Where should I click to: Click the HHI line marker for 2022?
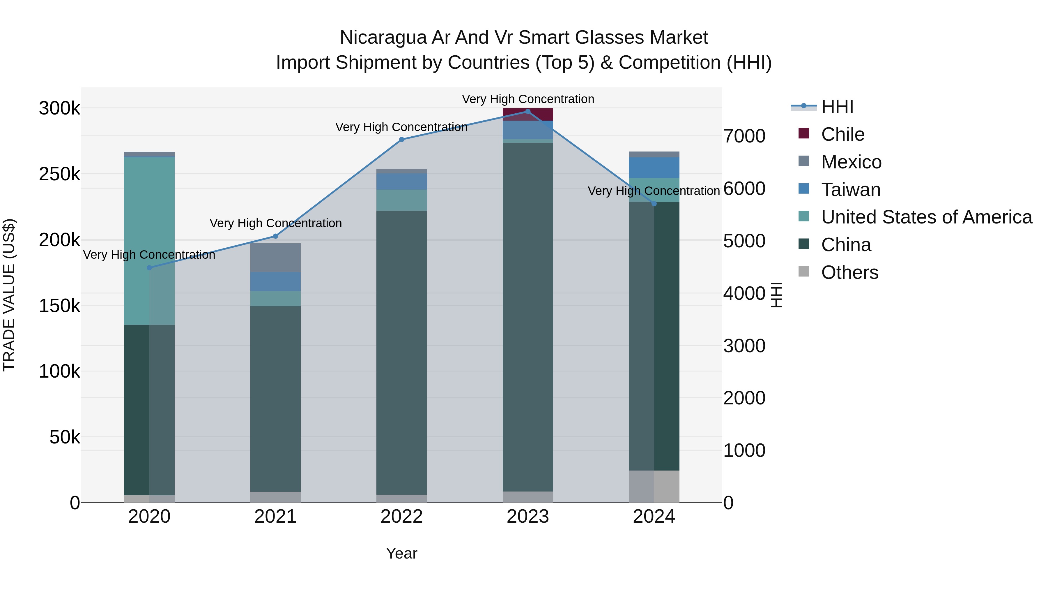401,139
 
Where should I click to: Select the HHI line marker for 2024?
654,204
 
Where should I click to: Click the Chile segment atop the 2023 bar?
528,115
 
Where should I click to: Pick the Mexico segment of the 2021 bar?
275,258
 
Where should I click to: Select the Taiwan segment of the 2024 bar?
654,168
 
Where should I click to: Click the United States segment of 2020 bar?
149,241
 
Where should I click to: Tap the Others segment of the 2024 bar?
654,486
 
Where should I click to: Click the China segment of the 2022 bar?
401,352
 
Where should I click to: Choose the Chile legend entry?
842,134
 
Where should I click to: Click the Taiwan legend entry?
850,190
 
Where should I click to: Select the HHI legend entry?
837,107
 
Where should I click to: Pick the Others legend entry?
849,272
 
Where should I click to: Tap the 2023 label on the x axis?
528,517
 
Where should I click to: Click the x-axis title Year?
401,553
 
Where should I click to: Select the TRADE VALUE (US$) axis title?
9,295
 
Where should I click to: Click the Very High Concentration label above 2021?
275,223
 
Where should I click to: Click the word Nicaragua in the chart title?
383,38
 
